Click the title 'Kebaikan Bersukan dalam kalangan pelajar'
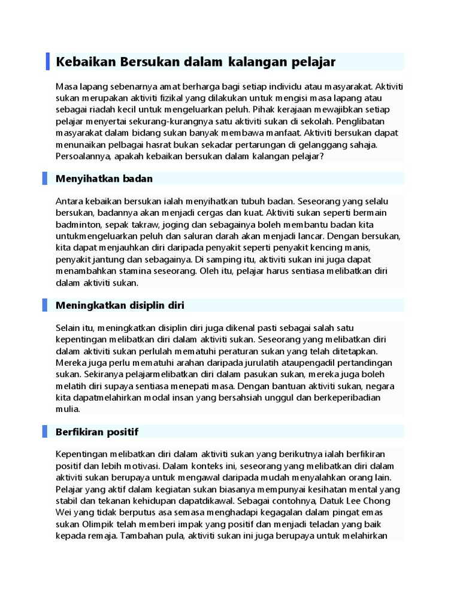tap(195, 62)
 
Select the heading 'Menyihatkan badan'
tap(104, 179)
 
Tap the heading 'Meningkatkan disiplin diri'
tap(120, 305)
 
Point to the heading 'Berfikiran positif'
tap(97, 432)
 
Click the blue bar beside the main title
tap(48, 61)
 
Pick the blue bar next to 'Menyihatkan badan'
tap(45, 179)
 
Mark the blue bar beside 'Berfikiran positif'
tap(45, 432)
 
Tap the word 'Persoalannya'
tap(83, 156)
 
